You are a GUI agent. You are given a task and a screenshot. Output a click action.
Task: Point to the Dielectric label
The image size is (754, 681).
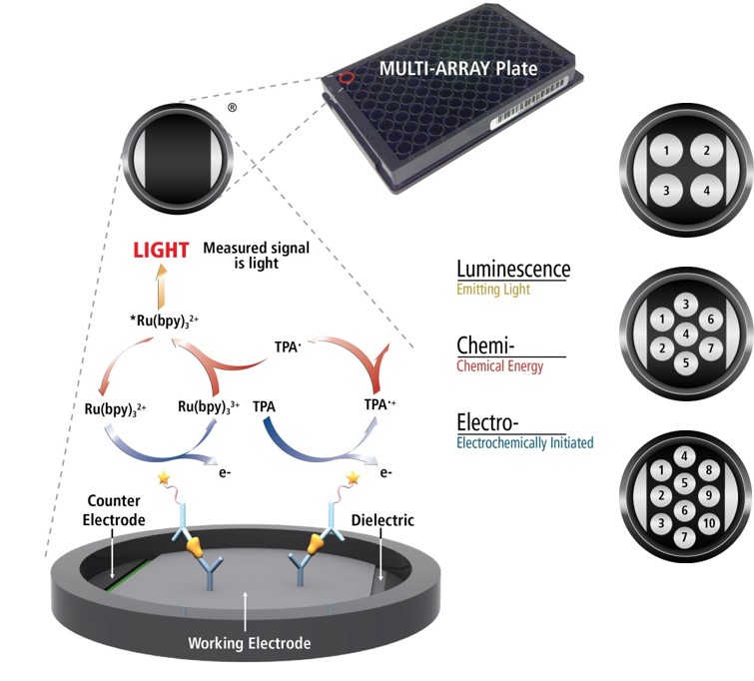click(382, 520)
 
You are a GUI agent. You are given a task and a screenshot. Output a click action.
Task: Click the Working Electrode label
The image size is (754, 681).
click(250, 643)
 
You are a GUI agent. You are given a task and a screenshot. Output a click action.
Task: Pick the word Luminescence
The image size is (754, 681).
click(513, 270)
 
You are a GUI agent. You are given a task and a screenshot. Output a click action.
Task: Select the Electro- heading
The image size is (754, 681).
click(488, 419)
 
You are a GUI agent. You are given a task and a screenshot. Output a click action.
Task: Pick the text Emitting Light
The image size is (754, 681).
click(495, 291)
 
